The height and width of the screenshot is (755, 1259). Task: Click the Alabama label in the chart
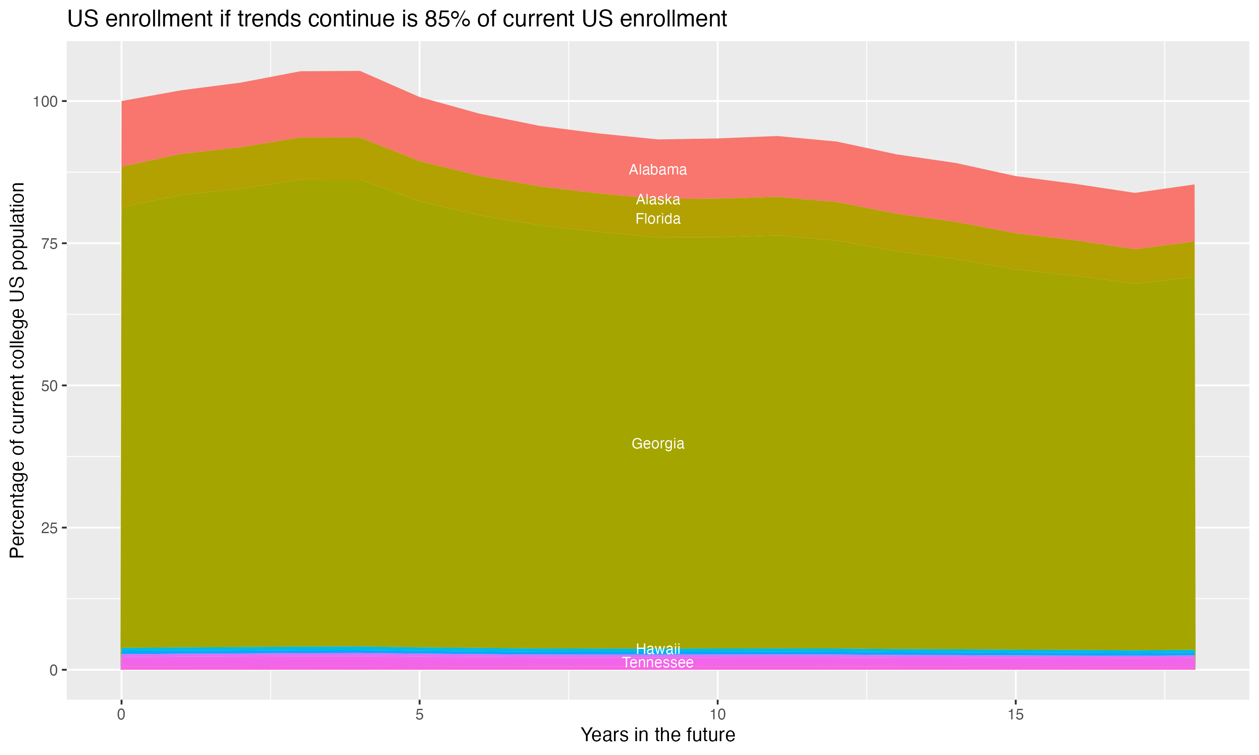click(x=658, y=170)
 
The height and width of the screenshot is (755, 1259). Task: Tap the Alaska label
click(x=658, y=199)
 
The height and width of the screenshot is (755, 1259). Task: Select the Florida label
click(x=658, y=219)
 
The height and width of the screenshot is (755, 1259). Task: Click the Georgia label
click(x=658, y=444)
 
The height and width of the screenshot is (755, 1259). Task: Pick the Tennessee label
click(x=658, y=663)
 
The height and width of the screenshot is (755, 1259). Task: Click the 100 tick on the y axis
click(x=45, y=101)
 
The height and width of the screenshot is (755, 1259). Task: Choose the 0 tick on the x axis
click(x=121, y=715)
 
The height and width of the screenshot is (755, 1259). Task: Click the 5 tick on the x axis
click(x=419, y=715)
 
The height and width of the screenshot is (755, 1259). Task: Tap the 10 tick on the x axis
click(x=717, y=715)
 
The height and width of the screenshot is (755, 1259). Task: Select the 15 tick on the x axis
click(x=1015, y=715)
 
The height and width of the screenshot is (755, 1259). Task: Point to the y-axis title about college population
click(x=17, y=370)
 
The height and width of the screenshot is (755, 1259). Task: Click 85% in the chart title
click(x=448, y=19)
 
